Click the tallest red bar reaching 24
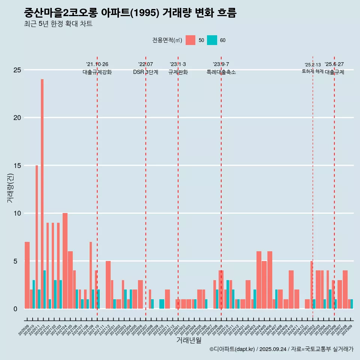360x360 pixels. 42,187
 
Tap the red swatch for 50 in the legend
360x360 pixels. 190,40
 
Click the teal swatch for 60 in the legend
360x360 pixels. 212,40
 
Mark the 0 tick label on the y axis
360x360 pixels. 16,309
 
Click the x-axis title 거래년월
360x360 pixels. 189,340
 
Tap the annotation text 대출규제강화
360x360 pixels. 97,72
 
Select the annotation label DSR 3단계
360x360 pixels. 145,72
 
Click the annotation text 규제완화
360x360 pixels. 178,72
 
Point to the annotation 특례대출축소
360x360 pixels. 221,72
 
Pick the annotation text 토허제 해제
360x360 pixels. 312,71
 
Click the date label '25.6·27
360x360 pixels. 334,64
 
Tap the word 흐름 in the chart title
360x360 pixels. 226,13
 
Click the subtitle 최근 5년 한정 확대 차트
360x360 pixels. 58,24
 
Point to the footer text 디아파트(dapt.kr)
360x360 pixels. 234,349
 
